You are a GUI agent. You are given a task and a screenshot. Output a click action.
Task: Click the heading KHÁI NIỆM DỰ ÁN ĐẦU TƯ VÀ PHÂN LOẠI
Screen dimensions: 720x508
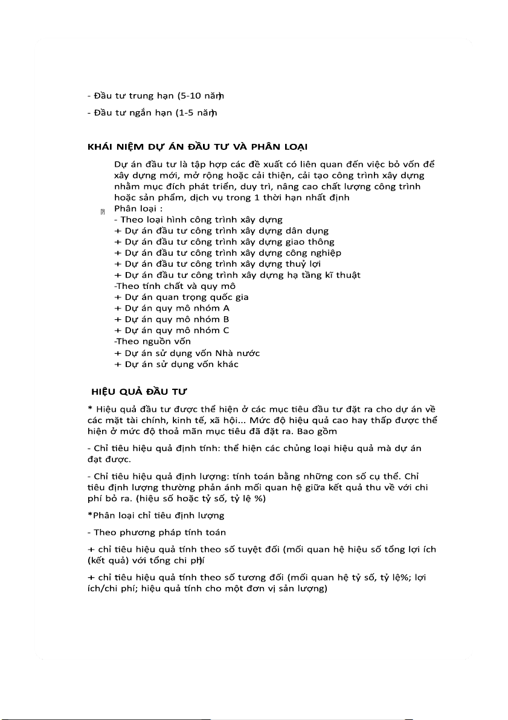point(199,146)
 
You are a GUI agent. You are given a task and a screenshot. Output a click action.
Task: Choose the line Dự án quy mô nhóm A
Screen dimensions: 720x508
point(172,308)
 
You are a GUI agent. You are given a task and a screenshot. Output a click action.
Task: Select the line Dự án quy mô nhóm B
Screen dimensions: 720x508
point(172,319)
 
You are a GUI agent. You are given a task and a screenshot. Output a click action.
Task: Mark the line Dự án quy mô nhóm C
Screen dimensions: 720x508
point(172,331)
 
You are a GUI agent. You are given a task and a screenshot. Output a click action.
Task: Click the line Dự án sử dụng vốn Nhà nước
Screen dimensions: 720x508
point(187,353)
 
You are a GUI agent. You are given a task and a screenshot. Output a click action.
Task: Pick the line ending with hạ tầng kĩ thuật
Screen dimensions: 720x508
point(237,275)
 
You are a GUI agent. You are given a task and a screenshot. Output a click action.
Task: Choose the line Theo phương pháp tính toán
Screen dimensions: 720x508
point(156,533)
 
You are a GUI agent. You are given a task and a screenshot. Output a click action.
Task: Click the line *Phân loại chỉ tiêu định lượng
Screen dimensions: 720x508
point(156,516)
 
